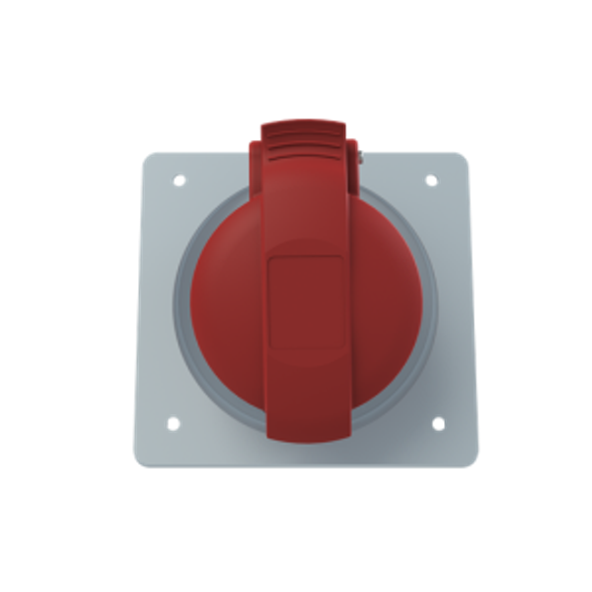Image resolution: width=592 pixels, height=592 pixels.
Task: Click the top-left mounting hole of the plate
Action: click(x=179, y=180)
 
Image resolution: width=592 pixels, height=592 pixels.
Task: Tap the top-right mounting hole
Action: click(x=431, y=180)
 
